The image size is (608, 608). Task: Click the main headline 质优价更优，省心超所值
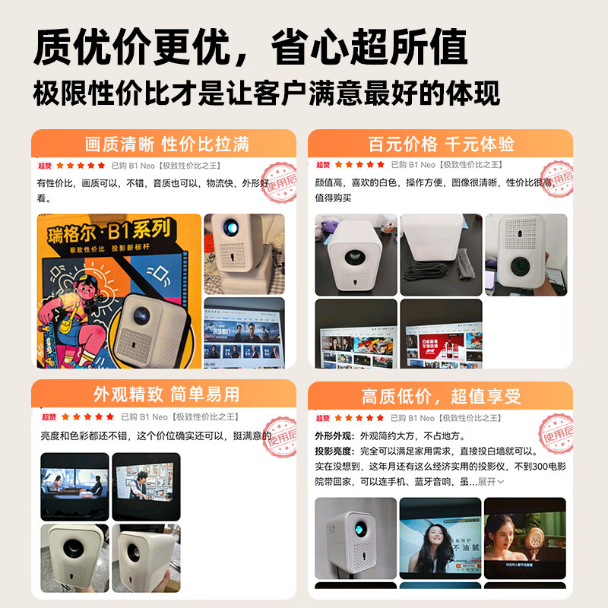coord(250,47)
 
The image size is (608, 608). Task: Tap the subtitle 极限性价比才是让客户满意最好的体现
coord(266,93)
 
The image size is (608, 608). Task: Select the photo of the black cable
coord(441,254)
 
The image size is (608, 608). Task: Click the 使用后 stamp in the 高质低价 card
coord(558,433)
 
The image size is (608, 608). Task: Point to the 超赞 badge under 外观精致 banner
coord(49,416)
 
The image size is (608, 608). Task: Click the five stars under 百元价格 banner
coord(359,164)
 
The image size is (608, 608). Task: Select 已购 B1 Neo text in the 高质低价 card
coord(412,418)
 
